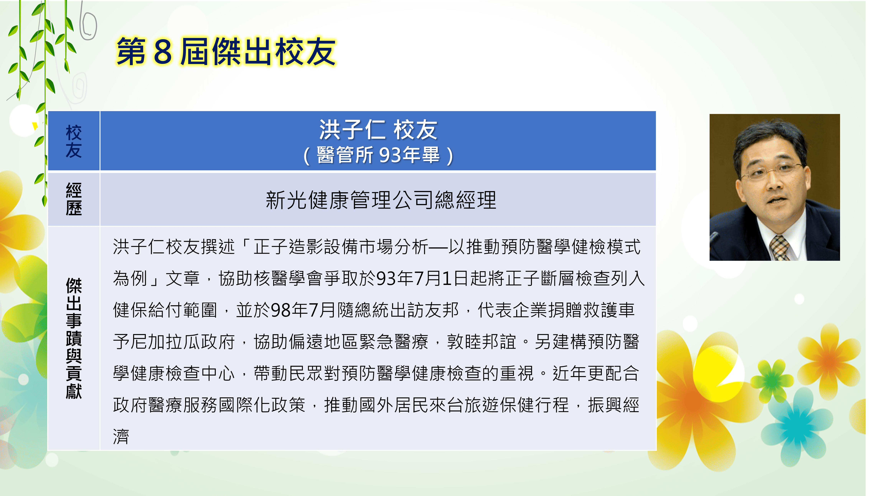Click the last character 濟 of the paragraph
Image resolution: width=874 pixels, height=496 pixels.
tap(121, 437)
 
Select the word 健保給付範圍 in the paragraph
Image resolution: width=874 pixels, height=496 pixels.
tap(165, 310)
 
